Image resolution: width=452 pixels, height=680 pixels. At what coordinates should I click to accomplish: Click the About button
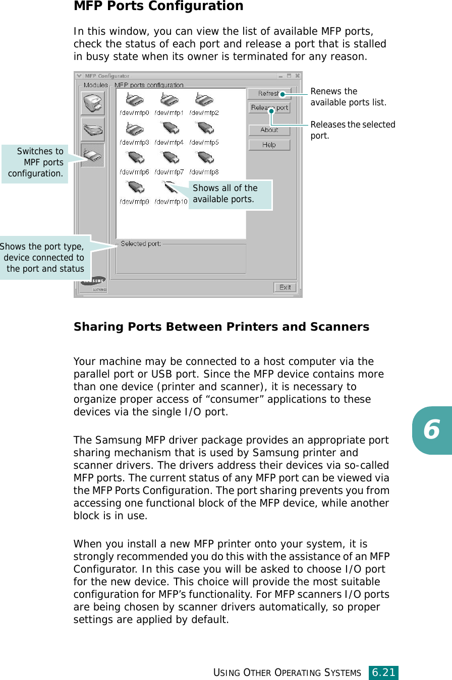(x=269, y=130)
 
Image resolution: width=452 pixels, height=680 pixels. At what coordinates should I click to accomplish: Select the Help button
(x=269, y=145)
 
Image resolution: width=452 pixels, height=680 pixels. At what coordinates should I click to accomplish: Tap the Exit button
(x=285, y=287)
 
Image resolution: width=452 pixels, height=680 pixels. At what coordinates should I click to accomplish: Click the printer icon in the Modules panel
(x=93, y=103)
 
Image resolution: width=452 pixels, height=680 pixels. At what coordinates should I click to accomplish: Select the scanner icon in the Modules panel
(x=93, y=130)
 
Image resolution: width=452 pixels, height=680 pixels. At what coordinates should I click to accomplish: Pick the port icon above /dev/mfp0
(x=134, y=100)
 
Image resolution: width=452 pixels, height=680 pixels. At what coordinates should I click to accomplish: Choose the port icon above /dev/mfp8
(x=204, y=159)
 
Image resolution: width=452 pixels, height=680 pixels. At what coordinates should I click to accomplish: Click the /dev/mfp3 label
(x=134, y=143)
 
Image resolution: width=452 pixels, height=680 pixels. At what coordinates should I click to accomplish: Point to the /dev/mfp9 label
(x=134, y=202)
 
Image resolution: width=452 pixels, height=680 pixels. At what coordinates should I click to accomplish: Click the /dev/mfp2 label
(x=204, y=113)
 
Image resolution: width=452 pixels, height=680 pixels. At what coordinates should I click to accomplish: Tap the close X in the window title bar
(x=298, y=76)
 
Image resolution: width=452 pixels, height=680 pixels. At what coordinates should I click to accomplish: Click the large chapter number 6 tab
(x=431, y=430)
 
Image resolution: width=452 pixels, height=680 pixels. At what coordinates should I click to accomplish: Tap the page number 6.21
(x=383, y=672)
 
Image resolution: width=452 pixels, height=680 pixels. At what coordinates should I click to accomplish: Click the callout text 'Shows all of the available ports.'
(x=225, y=194)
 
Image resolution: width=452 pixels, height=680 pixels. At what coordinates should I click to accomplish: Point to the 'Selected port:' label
(x=141, y=244)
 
